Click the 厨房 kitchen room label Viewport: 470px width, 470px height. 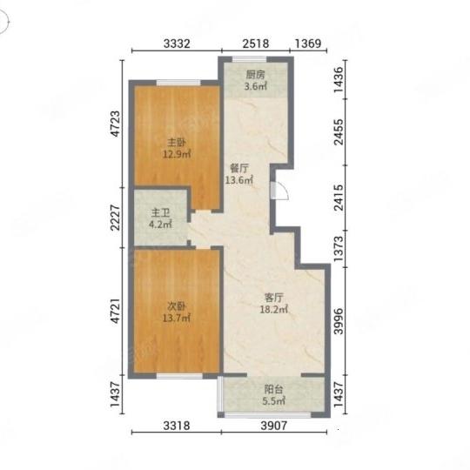coord(255,75)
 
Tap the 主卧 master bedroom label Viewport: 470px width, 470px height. coord(177,143)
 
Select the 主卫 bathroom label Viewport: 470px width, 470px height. coord(160,213)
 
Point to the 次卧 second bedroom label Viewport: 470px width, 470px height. coord(176,306)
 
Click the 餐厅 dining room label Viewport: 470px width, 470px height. coord(239,169)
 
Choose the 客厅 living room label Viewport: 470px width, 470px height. coord(273,298)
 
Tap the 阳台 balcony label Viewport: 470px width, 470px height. coord(273,389)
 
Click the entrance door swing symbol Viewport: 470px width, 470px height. coord(279,191)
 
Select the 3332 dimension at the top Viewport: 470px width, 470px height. coord(177,44)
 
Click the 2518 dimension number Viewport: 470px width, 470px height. coord(256,44)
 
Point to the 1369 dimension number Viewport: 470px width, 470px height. coord(308,44)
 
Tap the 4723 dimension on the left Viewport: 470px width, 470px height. coord(115,124)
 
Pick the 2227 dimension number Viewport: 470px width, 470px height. coord(115,218)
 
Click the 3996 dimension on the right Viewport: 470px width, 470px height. coord(339,321)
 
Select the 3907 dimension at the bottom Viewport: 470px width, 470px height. coord(273,426)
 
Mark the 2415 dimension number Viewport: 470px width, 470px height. coord(339,198)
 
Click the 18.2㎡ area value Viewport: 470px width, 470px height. coord(273,309)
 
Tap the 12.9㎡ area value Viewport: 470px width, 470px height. coord(177,154)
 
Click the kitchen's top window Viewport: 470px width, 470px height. coord(250,59)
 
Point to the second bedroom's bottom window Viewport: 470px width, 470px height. coord(179,376)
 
